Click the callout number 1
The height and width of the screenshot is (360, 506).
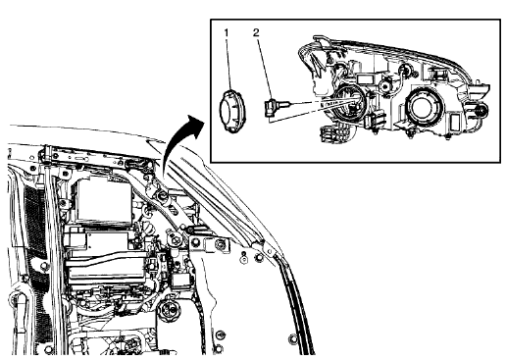tap(227, 32)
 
